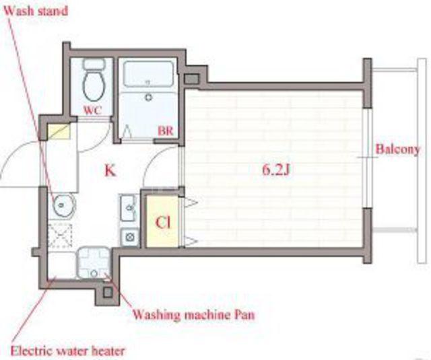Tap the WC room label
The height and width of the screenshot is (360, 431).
(x=92, y=110)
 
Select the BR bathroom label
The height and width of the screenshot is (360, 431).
(x=166, y=131)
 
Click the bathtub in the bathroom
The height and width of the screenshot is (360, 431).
(x=148, y=75)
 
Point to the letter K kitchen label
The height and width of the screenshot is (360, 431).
(x=110, y=170)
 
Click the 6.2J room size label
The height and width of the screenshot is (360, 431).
(x=276, y=170)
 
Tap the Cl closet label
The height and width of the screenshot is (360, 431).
(x=163, y=223)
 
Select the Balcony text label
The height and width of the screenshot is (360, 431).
(x=397, y=149)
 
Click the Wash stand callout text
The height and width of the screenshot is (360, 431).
(x=36, y=11)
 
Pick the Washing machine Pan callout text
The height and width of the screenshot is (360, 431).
(x=194, y=314)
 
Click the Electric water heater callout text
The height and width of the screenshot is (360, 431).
(x=67, y=351)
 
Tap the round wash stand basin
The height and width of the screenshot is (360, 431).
(x=64, y=205)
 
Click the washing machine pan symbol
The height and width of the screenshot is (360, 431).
(x=94, y=262)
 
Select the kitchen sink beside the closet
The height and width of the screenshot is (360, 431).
(x=129, y=207)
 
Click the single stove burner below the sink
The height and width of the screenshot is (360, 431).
(x=129, y=237)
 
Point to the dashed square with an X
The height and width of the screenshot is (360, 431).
(x=60, y=235)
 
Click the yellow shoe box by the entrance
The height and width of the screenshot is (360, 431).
(x=59, y=131)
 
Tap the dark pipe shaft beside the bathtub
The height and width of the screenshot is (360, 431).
(x=191, y=79)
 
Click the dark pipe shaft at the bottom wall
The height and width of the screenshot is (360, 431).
(x=108, y=293)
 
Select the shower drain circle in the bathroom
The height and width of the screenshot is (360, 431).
(x=149, y=97)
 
